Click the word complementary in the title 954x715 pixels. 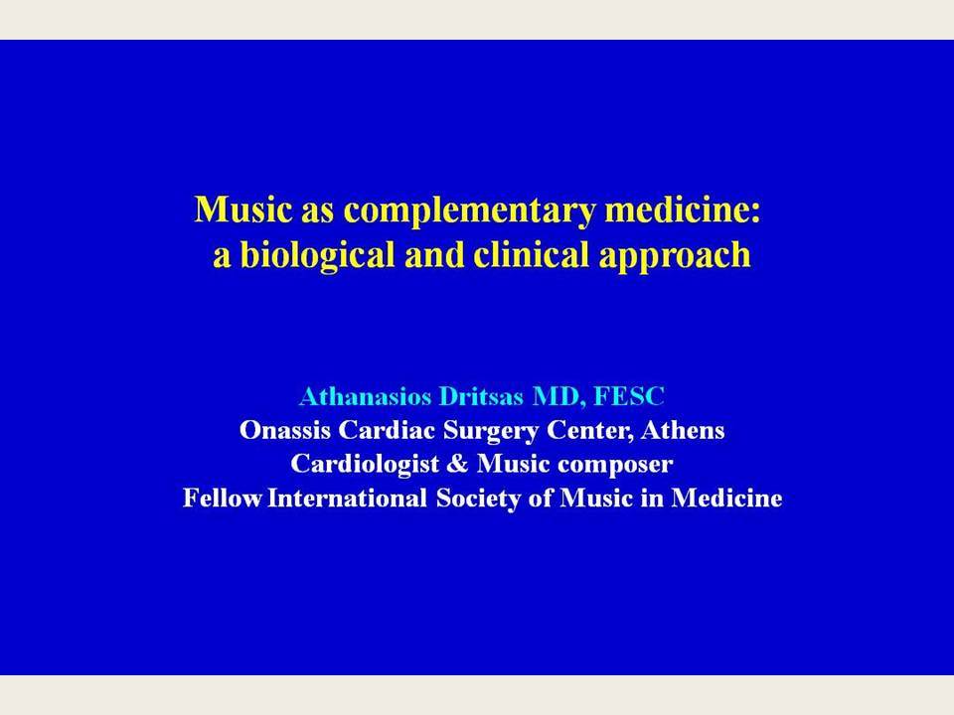coord(469,211)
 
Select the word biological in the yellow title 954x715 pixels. coord(318,255)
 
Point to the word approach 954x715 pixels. coord(675,256)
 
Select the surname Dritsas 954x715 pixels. coord(481,396)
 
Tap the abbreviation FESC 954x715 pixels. coord(628,396)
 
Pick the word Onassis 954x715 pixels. coord(285,430)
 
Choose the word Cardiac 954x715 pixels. coord(387,430)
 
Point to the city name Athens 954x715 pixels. coord(682,430)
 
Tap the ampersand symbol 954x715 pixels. coord(457,464)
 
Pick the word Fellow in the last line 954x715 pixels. coord(222,498)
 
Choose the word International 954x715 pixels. coord(347,498)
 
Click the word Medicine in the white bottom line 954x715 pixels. coord(726,498)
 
